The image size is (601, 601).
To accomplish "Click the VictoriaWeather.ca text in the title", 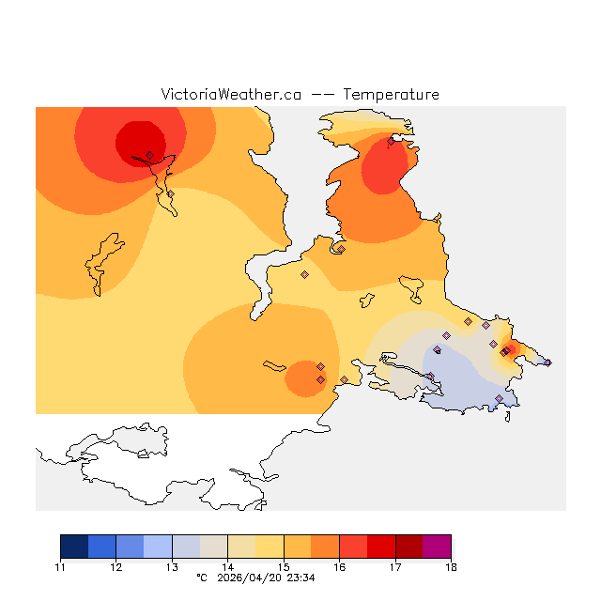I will click(231, 95).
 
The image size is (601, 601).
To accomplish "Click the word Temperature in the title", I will click(391, 95).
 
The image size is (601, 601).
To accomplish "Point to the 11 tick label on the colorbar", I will click(60, 567).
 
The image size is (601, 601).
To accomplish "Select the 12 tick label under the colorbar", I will click(116, 567).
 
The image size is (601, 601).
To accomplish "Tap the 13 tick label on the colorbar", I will click(172, 567).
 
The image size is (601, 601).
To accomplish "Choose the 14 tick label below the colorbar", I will click(227, 567).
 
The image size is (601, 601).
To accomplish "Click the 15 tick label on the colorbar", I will click(284, 567).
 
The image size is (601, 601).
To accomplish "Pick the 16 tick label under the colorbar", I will click(339, 567).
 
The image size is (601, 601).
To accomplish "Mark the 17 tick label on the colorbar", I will click(395, 567).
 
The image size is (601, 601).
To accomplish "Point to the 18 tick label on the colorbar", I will click(451, 567).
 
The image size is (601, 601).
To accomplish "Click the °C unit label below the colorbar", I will click(201, 578).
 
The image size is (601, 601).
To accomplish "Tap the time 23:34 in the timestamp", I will click(301, 578).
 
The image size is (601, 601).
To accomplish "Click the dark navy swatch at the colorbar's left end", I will click(74, 547).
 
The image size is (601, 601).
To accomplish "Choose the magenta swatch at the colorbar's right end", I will click(437, 547).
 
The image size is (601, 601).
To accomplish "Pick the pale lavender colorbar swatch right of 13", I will click(186, 547).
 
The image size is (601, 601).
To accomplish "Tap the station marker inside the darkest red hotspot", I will click(149, 155).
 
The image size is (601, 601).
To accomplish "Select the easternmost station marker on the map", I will click(547, 362).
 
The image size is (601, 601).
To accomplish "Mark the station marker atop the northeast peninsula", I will click(391, 142).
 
